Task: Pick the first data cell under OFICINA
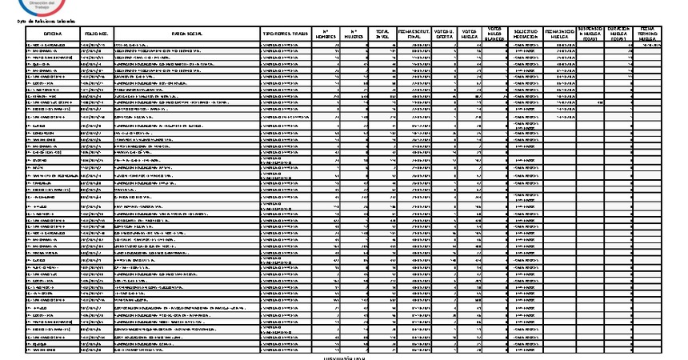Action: (54, 46)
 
